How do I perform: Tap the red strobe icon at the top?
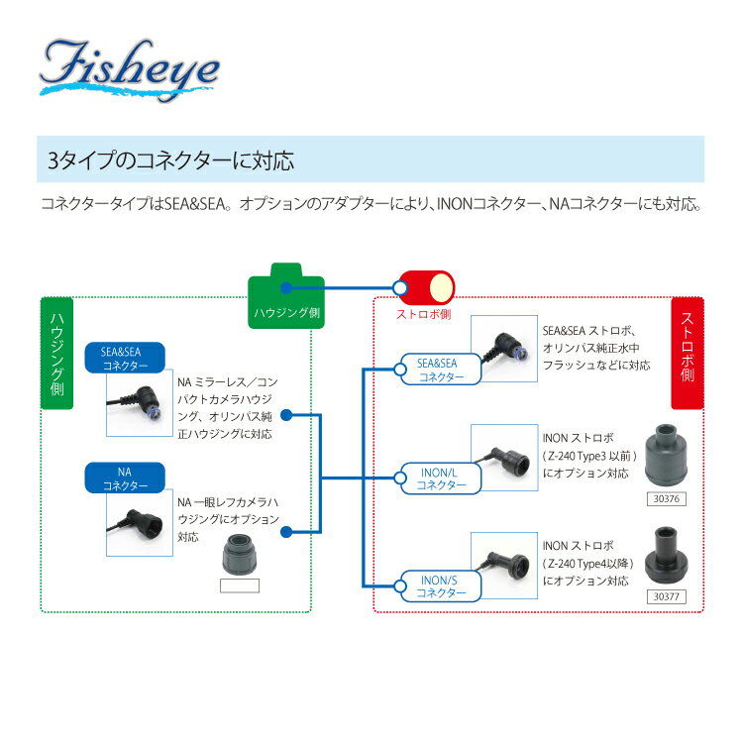[426, 287]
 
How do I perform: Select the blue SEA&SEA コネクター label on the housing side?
[125, 358]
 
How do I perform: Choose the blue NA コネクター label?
[125, 478]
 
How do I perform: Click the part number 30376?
[667, 499]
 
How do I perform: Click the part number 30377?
[667, 596]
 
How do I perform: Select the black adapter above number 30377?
[666, 557]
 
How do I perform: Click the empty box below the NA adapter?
[240, 585]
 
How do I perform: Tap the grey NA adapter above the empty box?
[240, 554]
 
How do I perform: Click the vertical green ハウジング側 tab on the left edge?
[57, 354]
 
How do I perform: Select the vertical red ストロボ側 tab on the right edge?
[688, 354]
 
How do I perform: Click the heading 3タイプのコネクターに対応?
[171, 160]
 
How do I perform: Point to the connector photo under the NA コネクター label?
[140, 523]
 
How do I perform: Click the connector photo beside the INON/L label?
[504, 458]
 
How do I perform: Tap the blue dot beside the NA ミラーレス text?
[286, 415]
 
